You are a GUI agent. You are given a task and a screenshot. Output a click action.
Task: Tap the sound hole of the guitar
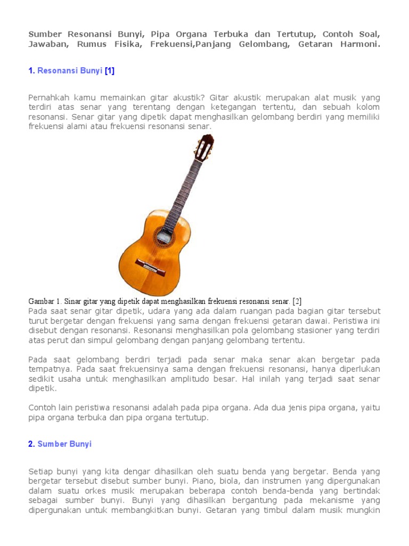163,236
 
